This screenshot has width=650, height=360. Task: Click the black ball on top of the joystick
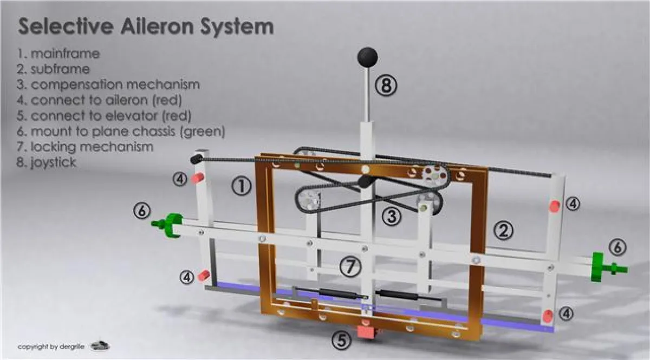pyautogui.click(x=367, y=56)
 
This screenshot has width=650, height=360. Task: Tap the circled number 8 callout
pyautogui.click(x=387, y=85)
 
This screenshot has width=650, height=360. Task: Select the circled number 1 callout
pyautogui.click(x=241, y=186)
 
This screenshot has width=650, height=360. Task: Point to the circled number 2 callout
pyautogui.click(x=503, y=231)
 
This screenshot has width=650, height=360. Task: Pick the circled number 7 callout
pyautogui.click(x=350, y=265)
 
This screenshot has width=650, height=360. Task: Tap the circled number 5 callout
pyautogui.click(x=341, y=341)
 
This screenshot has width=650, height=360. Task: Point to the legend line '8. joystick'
pyautogui.click(x=46, y=162)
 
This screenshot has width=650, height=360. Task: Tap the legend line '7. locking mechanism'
pyautogui.click(x=85, y=147)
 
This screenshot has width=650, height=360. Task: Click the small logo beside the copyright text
pyautogui.click(x=100, y=345)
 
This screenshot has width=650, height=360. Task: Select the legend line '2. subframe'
pyautogui.click(x=53, y=69)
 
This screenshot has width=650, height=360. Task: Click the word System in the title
pyautogui.click(x=243, y=27)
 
